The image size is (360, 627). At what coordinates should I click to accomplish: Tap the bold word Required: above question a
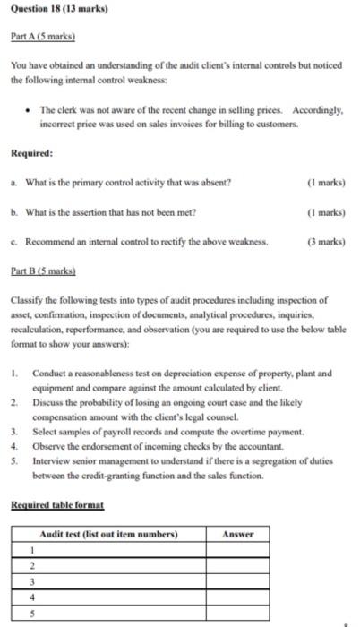pos(31,153)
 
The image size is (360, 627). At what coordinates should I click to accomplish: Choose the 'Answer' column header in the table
pos(236,534)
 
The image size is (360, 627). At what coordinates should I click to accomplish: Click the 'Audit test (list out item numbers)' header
pos(109,534)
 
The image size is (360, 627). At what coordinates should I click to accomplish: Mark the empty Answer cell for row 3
pos(236,582)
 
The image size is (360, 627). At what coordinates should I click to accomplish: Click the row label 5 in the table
pos(30,614)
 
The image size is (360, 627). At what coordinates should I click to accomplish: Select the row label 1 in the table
pos(30,550)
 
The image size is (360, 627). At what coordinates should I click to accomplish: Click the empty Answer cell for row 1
pos(236,550)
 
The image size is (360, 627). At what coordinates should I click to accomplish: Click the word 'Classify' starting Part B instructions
pos(27,301)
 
